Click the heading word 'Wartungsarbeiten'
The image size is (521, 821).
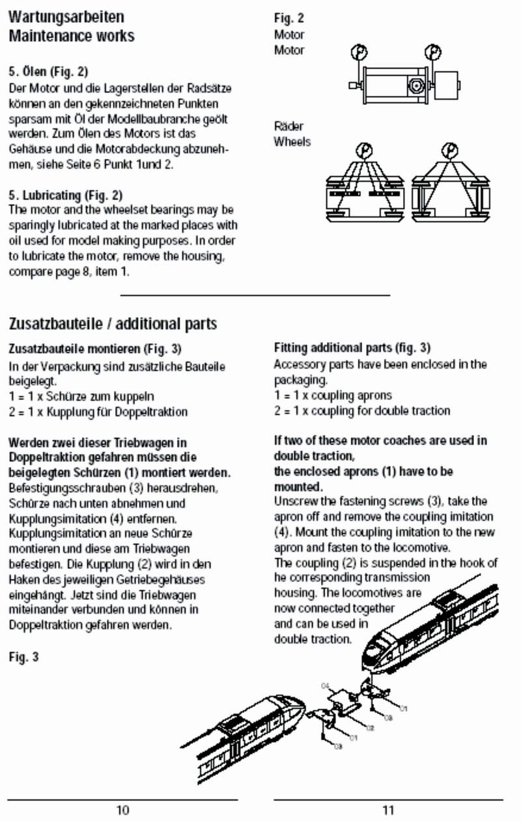point(57,16)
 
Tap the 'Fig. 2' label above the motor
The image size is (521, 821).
point(289,18)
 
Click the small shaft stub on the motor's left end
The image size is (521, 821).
point(354,85)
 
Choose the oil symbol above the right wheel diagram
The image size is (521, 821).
point(449,151)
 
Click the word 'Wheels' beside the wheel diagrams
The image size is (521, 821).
point(292,141)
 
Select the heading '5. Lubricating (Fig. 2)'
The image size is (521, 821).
point(66,195)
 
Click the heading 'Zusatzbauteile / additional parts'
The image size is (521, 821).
point(113,324)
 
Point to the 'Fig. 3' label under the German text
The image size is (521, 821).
point(23,657)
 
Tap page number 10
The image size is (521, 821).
point(122,810)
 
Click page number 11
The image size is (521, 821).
point(388,810)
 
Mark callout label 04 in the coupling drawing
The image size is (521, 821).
point(327,685)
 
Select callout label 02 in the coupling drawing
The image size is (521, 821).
point(369,727)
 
